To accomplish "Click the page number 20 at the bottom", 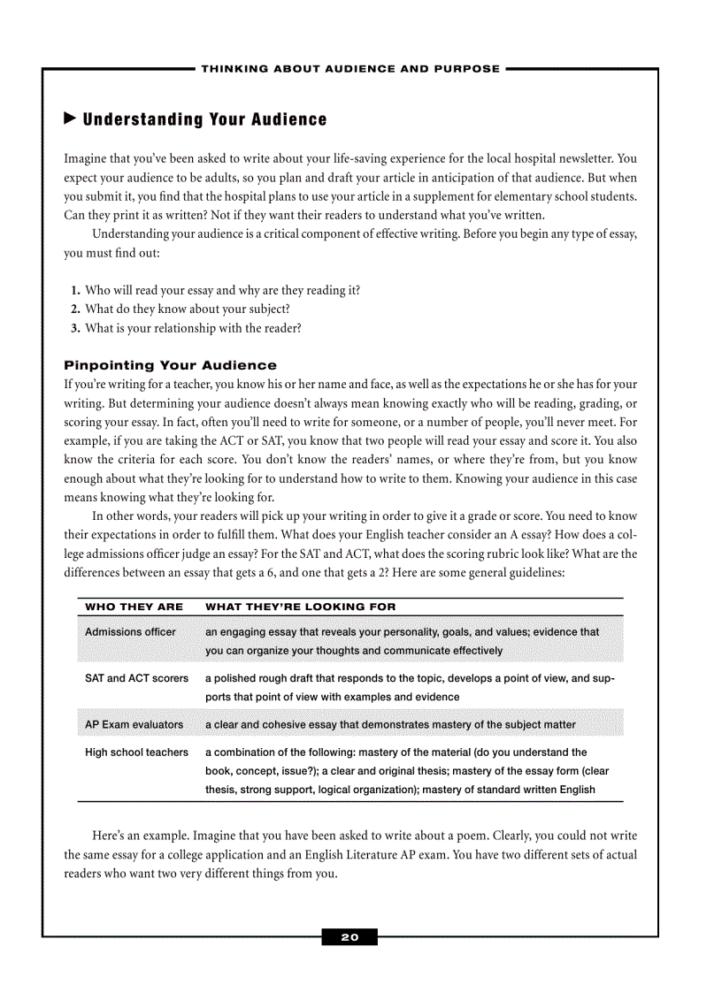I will [349, 937].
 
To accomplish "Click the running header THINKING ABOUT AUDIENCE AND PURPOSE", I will [350, 68].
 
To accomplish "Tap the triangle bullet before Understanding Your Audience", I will [70, 118].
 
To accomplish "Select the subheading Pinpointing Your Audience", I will [170, 365].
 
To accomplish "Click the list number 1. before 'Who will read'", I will [75, 290].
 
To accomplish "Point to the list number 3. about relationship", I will [75, 328].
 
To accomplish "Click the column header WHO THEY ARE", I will [134, 607].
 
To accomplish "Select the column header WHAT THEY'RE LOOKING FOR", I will [301, 607].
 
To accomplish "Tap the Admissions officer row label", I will [130, 632].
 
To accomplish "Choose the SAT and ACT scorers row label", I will [136, 678].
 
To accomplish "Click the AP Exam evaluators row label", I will [134, 724].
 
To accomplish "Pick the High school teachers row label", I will [136, 752].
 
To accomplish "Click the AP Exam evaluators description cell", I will [390, 724].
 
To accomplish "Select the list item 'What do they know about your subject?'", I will [187, 309].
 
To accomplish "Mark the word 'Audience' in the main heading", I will [286, 119].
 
